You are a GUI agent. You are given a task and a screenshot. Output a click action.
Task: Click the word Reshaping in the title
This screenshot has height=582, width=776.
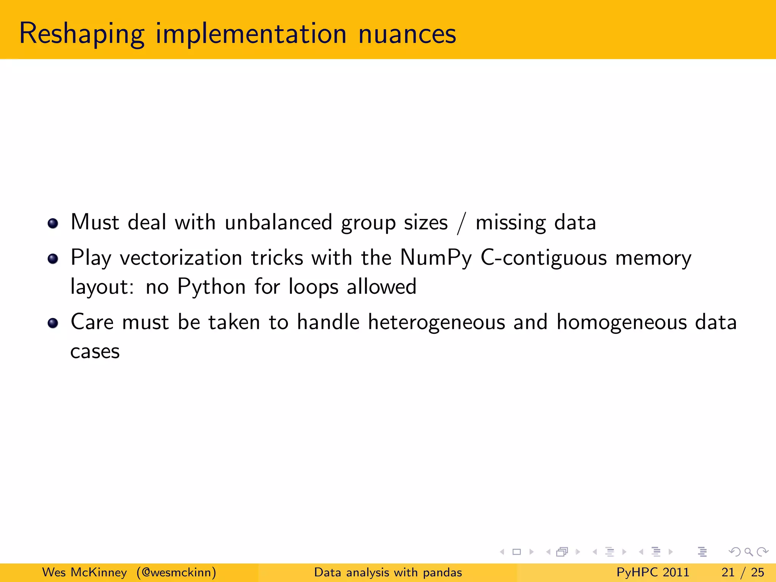tap(81, 34)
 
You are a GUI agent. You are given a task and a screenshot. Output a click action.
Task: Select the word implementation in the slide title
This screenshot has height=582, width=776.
tap(251, 34)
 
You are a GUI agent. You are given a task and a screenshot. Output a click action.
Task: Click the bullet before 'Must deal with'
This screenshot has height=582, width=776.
tap(53, 223)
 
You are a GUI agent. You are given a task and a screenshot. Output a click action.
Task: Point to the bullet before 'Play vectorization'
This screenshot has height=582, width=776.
tap(53, 259)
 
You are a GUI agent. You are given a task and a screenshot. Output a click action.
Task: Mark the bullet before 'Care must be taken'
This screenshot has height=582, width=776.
tap(53, 323)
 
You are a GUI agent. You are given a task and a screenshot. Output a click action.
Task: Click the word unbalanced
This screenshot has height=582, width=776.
tap(278, 222)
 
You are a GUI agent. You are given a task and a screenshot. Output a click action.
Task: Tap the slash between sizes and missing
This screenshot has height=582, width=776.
tap(461, 224)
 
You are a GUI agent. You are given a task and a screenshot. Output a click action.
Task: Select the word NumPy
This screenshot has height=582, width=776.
tap(436, 258)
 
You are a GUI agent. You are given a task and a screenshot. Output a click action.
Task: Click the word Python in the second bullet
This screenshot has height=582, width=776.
tap(211, 287)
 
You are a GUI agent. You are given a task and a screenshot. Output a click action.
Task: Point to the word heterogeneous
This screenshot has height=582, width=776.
tap(436, 322)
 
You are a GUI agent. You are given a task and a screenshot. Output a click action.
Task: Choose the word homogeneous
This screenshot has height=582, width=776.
tap(621, 322)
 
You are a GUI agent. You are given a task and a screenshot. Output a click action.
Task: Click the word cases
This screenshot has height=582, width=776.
tap(95, 352)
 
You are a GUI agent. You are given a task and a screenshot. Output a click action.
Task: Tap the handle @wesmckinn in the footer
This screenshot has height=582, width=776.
tap(177, 572)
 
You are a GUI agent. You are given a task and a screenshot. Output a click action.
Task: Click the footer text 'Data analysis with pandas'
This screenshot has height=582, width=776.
tap(388, 572)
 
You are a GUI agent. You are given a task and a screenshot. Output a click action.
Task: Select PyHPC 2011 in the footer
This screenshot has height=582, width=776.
tap(652, 572)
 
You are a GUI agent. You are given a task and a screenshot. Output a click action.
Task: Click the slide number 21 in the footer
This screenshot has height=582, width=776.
tap(728, 572)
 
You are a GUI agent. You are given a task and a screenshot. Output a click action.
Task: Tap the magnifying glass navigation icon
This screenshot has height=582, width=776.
tap(748, 552)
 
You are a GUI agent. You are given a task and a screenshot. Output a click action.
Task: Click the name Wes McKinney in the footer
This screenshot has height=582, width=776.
tap(84, 572)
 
